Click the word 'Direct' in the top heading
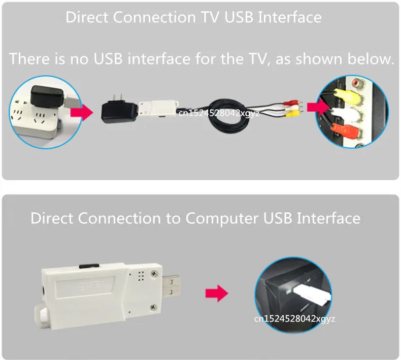pyautogui.click(x=87, y=17)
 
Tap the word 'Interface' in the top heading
pyautogui.click(x=289, y=17)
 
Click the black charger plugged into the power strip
pyautogui.click(x=47, y=97)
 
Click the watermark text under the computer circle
pyautogui.click(x=295, y=319)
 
